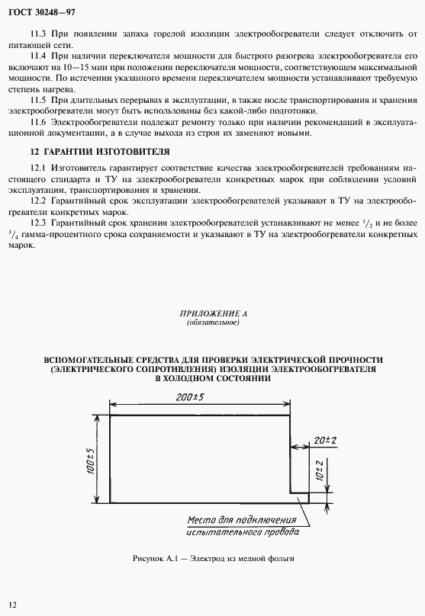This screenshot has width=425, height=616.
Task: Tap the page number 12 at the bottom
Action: coord(13,604)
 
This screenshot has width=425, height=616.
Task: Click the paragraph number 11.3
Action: coord(38,35)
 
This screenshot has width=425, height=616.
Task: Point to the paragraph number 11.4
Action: coord(38,56)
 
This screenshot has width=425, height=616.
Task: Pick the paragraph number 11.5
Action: coord(38,100)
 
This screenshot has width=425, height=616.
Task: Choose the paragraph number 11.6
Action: coord(38,122)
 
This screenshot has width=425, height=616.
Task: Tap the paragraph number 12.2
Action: coord(38,201)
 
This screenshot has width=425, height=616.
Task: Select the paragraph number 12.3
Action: coord(38,222)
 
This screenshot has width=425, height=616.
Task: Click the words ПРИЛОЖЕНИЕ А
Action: coord(213,313)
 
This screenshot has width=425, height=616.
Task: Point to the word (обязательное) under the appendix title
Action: coord(213,322)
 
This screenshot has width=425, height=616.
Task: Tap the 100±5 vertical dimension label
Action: coord(89,460)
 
